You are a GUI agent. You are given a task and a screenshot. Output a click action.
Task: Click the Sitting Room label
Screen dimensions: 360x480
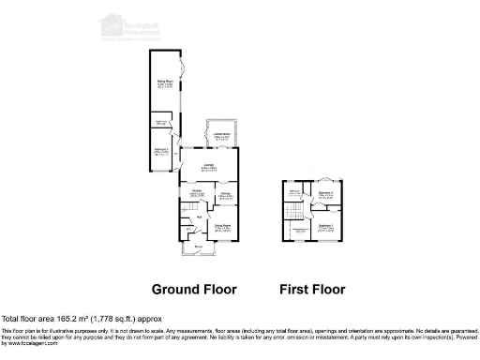click(161, 82)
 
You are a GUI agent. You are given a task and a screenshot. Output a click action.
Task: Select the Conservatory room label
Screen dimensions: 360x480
click(221, 136)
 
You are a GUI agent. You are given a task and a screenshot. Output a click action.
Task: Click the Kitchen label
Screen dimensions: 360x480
click(199, 194)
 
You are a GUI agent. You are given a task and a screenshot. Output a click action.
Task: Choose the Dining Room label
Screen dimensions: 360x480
click(222, 226)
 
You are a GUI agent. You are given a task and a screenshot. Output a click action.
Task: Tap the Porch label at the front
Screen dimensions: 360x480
click(199, 247)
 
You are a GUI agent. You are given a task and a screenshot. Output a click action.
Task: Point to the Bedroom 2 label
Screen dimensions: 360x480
click(325, 193)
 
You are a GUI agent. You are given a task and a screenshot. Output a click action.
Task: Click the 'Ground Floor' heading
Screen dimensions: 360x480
click(194, 289)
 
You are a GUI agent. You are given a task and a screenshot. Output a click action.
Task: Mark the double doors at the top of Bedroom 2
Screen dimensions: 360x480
click(326, 178)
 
